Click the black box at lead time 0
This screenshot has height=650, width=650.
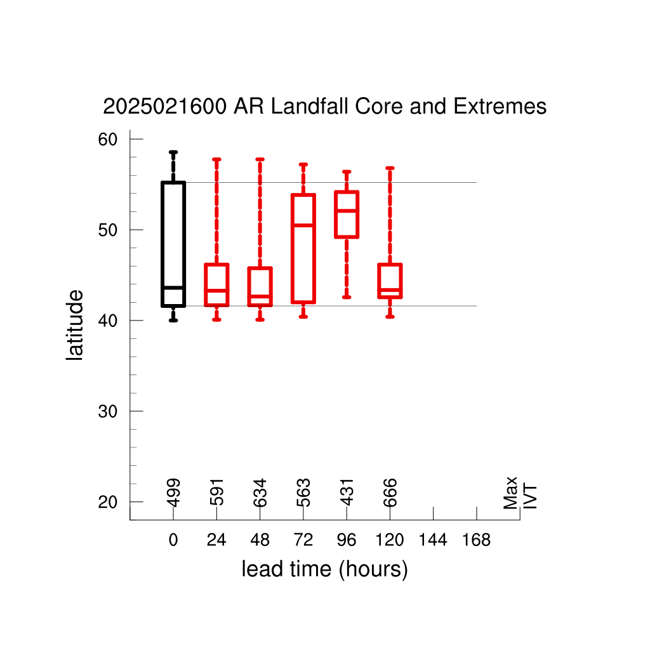[x=162, y=244]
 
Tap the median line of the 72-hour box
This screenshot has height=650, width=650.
[x=303, y=225]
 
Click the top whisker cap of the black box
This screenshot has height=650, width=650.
[x=173, y=152]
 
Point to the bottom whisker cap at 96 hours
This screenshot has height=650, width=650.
[x=347, y=297]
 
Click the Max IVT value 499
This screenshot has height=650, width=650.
[x=174, y=493]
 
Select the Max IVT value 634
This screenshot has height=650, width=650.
[x=260, y=493]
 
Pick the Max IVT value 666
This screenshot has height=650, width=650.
[x=390, y=493]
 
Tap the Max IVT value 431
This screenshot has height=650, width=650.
[x=347, y=493]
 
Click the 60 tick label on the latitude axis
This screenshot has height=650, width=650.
[x=108, y=139]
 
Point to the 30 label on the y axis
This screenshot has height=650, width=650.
[x=108, y=411]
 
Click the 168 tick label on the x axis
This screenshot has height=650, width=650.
[x=476, y=540]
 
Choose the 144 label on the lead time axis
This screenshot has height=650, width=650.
[x=433, y=540]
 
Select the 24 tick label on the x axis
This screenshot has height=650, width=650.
[x=216, y=540]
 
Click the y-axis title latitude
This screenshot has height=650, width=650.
[x=75, y=325]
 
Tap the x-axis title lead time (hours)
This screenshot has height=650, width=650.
[x=324, y=569]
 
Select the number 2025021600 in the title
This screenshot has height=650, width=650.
[x=165, y=106]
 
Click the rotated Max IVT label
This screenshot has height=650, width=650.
[x=520, y=493]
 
